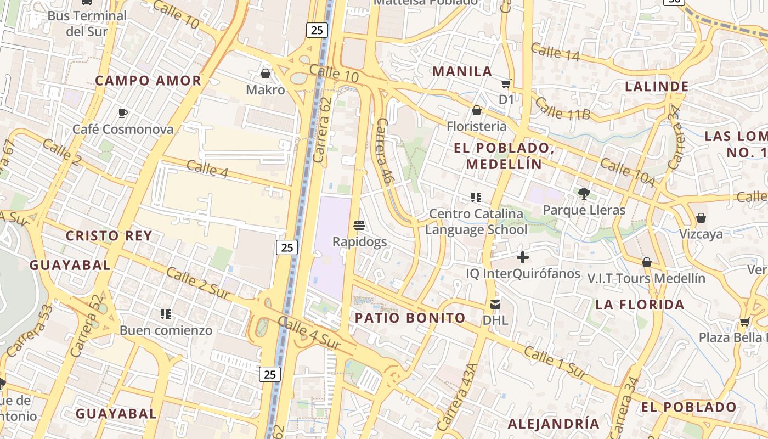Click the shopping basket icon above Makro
[266, 74]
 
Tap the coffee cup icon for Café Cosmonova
[123, 114]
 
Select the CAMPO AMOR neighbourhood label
[148, 81]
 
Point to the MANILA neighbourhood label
[462, 71]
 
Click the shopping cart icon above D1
[506, 84]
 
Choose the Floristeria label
[477, 126]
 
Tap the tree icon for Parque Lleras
[584, 193]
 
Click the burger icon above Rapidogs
[360, 226]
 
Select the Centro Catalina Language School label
[476, 222]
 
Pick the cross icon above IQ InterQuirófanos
[523, 257]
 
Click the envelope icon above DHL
[495, 304]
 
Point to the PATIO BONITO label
[410, 318]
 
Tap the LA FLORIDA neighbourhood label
[640, 305]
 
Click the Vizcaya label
[701, 234]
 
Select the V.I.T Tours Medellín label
[646, 278]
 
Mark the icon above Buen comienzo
[166, 314]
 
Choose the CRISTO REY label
[109, 236]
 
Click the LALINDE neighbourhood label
[657, 87]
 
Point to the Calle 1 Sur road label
[556, 362]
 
